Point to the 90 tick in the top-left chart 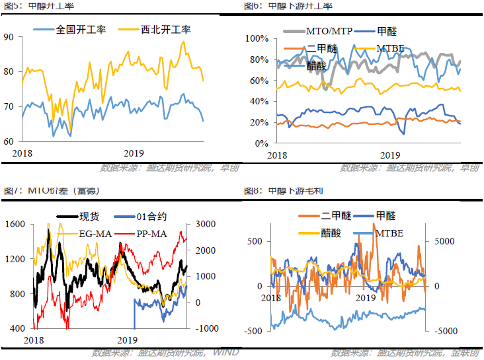pyautogui.click(x=9, y=37)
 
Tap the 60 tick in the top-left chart pyautogui.click(x=9, y=141)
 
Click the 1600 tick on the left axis pyautogui.click(x=15, y=225)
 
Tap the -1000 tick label pyautogui.click(x=200, y=328)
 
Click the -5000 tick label pyautogui.click(x=444, y=330)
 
